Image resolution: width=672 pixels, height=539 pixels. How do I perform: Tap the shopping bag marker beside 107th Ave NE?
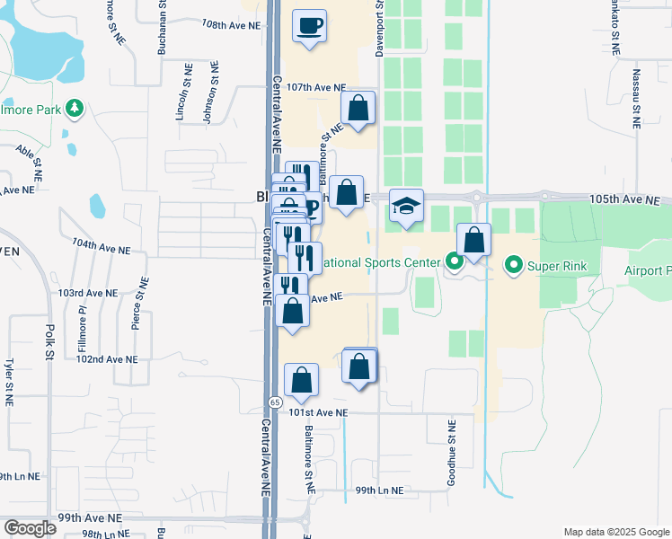point(358,110)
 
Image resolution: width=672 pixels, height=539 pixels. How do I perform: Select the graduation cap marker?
point(406,208)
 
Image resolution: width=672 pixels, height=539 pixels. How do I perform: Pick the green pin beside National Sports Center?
point(454,263)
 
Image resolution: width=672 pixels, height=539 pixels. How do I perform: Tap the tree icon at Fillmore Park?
point(75,110)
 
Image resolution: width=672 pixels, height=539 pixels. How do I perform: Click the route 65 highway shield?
point(274,403)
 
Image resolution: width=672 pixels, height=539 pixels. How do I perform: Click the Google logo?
point(30,528)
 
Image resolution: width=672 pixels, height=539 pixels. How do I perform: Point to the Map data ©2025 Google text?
point(615,532)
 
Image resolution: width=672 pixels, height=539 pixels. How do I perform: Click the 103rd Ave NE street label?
point(87,293)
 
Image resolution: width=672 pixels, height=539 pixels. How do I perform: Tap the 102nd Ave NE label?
point(107,358)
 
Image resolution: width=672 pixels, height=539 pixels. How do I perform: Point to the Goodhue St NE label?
point(452,453)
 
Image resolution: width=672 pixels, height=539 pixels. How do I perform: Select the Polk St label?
point(50,341)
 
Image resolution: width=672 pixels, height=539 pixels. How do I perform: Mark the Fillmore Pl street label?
point(80,325)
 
